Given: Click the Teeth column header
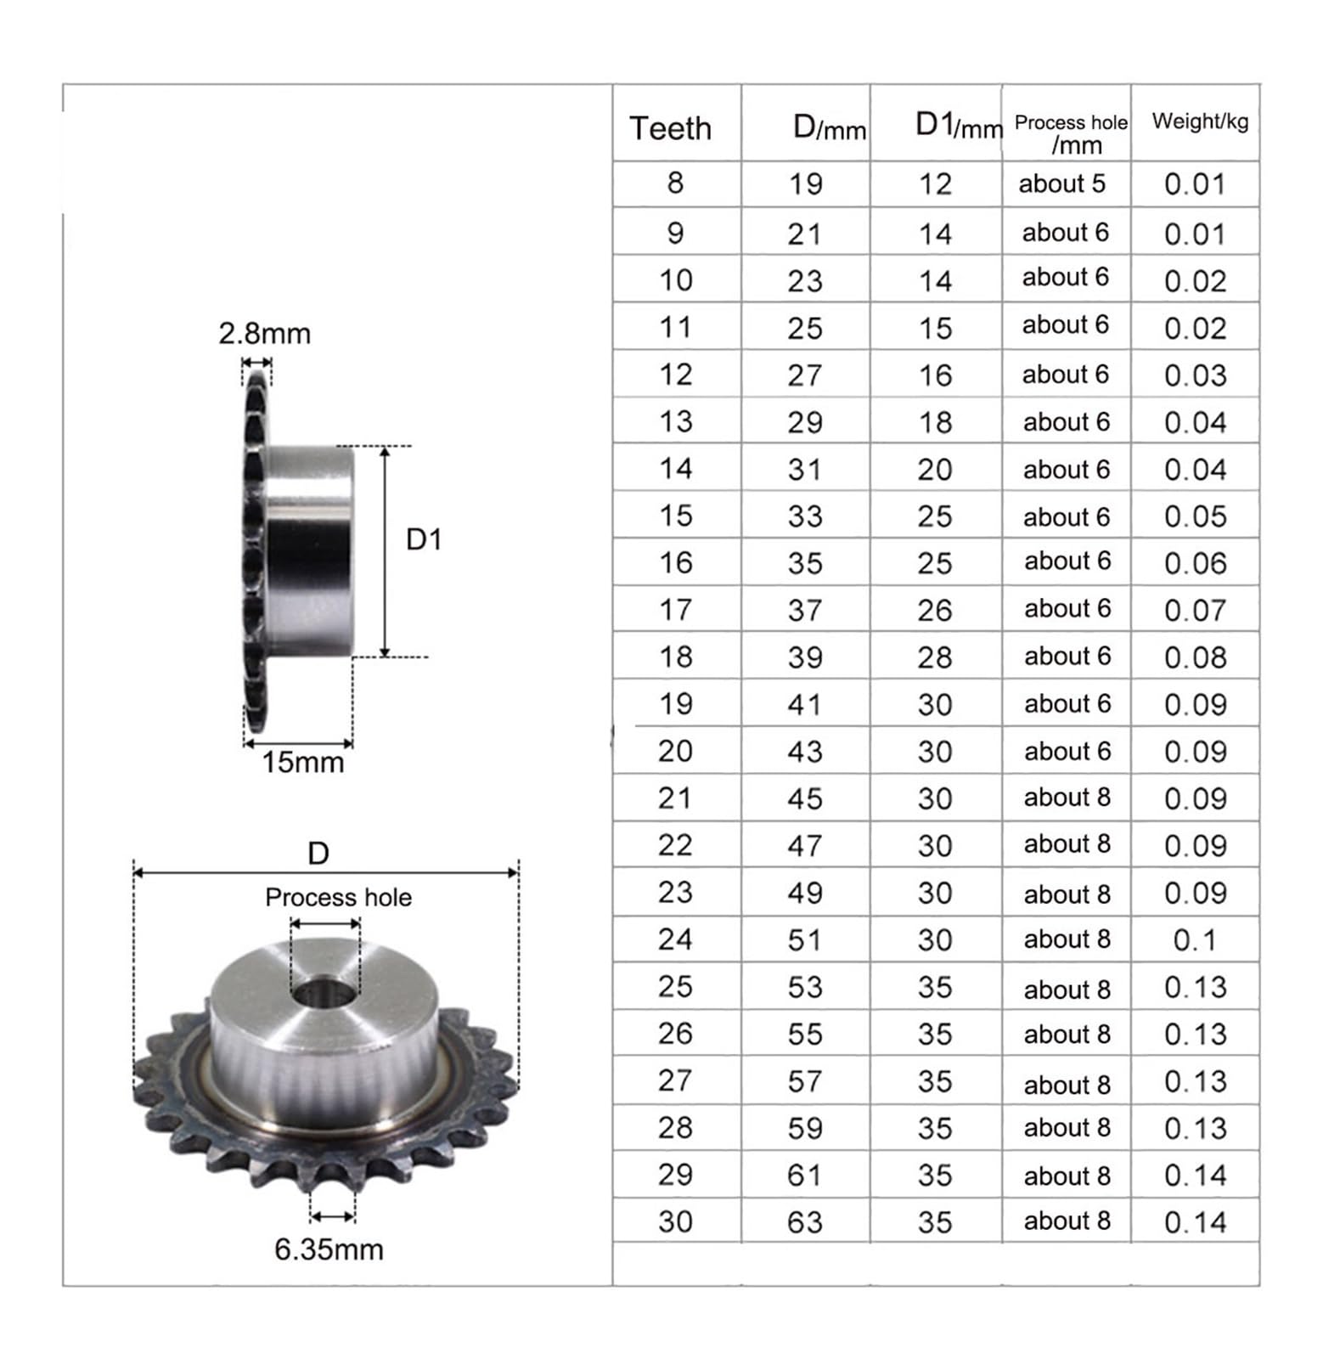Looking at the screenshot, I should pyautogui.click(x=670, y=128).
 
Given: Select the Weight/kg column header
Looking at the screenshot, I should pyautogui.click(x=1200, y=121).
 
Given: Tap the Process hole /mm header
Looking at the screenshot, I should pyautogui.click(x=1071, y=133).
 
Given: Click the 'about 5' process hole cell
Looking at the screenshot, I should pyautogui.click(x=1062, y=183).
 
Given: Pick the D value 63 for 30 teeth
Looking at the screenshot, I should pyautogui.click(x=804, y=1222).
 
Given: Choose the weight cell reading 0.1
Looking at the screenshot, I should pyautogui.click(x=1195, y=940).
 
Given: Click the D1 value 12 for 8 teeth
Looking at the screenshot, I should pyautogui.click(x=935, y=184).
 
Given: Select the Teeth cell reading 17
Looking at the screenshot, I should pyautogui.click(x=675, y=610).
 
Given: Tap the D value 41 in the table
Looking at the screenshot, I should pyautogui.click(x=804, y=704).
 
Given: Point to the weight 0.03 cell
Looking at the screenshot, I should pyautogui.click(x=1195, y=375).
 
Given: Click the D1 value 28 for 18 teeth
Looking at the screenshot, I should pyautogui.click(x=935, y=657).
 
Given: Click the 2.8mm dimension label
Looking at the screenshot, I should pyautogui.click(x=264, y=334).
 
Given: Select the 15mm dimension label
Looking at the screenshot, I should pyautogui.click(x=302, y=763).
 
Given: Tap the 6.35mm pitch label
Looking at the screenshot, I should pyautogui.click(x=329, y=1249).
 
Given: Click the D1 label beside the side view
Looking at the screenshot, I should pyautogui.click(x=424, y=539).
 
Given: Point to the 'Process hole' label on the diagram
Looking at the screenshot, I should pyautogui.click(x=338, y=898).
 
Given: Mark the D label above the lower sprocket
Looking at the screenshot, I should pyautogui.click(x=318, y=853).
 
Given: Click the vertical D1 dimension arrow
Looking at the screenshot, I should pyautogui.click(x=385, y=552).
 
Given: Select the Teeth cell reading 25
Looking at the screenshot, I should pyautogui.click(x=675, y=987).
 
